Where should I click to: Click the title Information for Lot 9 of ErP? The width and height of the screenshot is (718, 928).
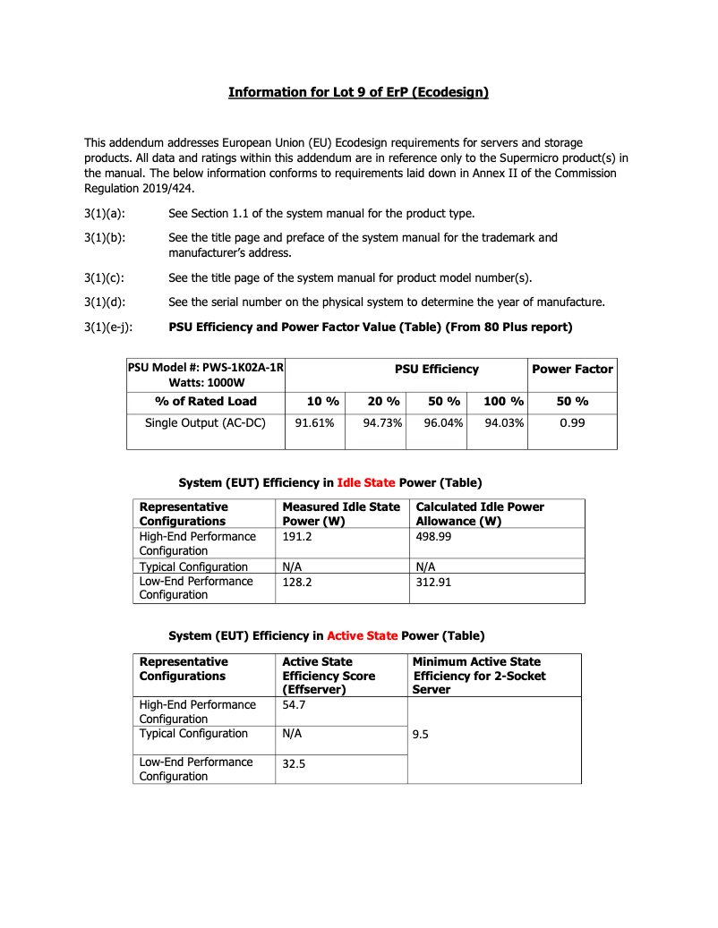(358, 92)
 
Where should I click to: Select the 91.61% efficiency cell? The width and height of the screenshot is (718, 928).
(314, 422)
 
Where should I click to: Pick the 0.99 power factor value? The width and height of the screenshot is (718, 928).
(572, 422)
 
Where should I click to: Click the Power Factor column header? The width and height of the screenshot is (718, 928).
(572, 369)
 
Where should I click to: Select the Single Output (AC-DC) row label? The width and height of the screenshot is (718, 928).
(205, 422)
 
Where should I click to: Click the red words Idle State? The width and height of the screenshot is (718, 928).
(365, 482)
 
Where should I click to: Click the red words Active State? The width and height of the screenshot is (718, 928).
(362, 635)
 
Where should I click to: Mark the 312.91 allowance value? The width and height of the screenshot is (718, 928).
(435, 581)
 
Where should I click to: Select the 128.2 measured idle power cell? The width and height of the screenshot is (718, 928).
(298, 581)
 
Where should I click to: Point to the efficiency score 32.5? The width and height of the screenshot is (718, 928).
(295, 765)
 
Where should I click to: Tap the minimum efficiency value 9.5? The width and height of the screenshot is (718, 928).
(421, 734)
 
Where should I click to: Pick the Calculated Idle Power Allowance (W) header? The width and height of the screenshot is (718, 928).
(480, 514)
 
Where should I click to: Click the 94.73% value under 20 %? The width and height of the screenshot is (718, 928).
(382, 422)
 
